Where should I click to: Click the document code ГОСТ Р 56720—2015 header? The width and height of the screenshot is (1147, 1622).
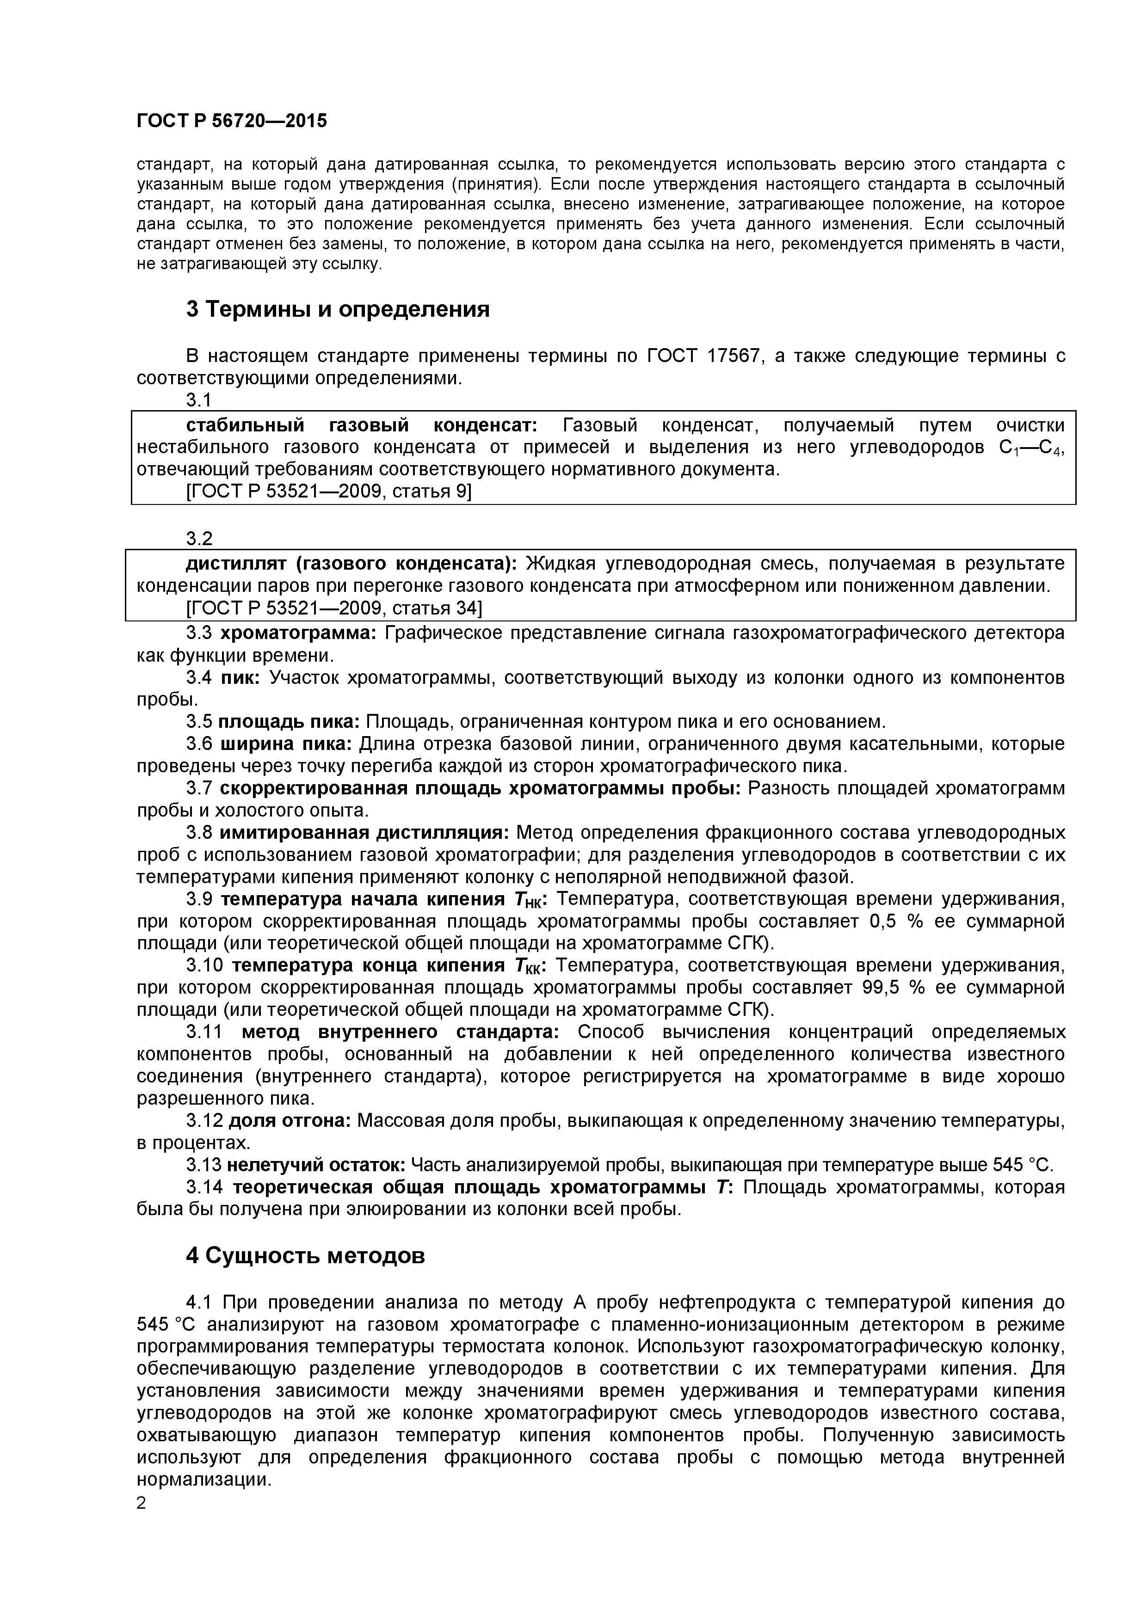click(x=231, y=121)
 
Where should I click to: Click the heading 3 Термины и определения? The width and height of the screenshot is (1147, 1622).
click(x=337, y=309)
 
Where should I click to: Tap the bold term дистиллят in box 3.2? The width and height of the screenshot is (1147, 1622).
click(x=236, y=564)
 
